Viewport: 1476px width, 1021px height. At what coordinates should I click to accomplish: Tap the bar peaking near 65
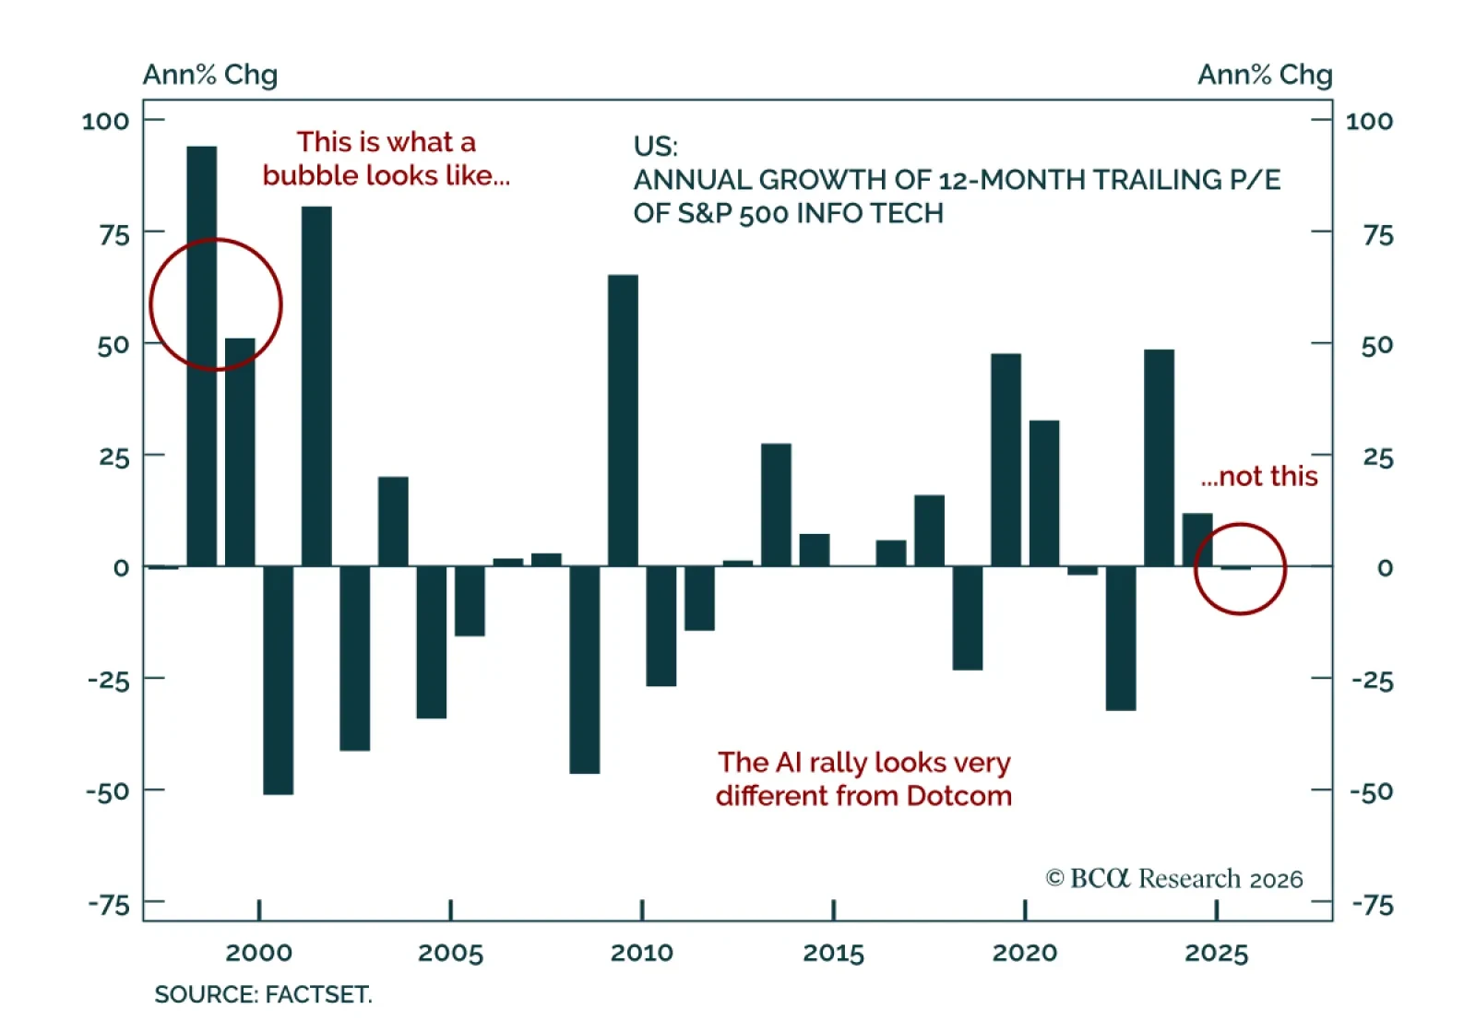(623, 420)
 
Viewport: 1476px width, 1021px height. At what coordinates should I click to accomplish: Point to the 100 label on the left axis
(105, 121)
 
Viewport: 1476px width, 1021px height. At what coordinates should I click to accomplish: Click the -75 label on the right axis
(1373, 905)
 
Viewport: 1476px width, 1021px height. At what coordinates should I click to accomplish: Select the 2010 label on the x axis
(642, 953)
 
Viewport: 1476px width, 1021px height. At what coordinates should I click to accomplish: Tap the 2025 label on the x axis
(1216, 953)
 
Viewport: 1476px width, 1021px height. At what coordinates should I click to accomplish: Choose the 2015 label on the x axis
(833, 953)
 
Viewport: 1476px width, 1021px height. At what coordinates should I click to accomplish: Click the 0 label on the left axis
(121, 568)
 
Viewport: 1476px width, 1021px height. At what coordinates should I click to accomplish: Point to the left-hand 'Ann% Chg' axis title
(209, 75)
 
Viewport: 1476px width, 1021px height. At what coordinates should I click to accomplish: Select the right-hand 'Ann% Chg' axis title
(1265, 75)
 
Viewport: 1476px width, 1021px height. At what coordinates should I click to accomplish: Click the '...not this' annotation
(1259, 476)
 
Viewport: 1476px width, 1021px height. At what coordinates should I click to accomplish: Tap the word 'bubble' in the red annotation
(311, 175)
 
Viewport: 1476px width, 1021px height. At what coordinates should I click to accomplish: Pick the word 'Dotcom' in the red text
(959, 796)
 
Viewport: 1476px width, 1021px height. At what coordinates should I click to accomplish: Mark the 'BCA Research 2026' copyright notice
(1174, 879)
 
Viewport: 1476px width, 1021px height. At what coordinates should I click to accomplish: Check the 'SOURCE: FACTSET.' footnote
(263, 994)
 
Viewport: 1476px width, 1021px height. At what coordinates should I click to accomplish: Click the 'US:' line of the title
(655, 147)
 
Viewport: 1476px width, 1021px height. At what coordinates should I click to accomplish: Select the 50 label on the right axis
(1377, 346)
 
